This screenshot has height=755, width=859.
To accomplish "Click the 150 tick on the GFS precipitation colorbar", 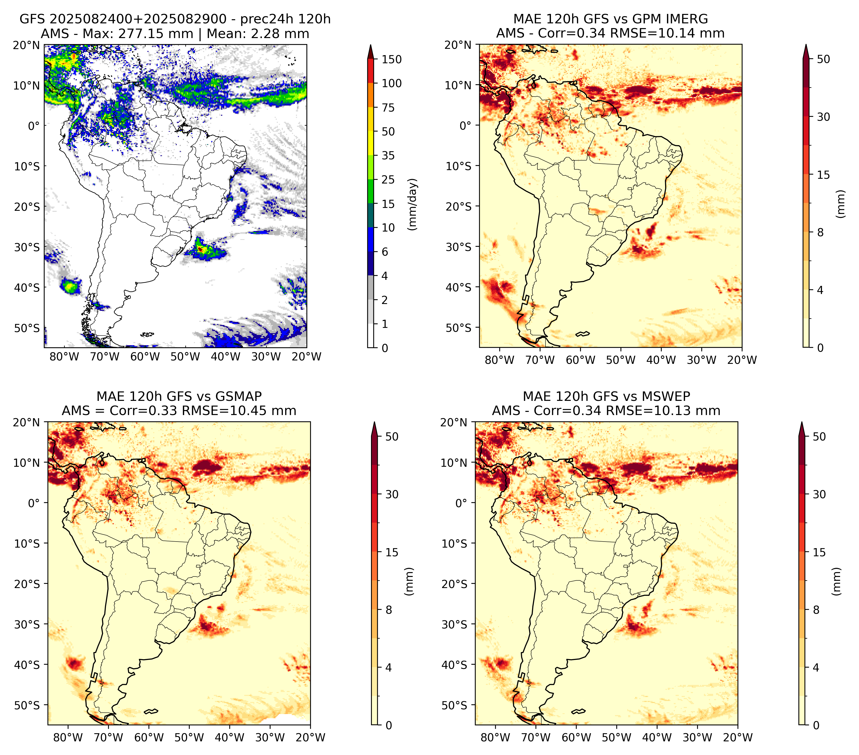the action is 391,59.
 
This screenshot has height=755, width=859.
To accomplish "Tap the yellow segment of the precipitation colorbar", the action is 371,131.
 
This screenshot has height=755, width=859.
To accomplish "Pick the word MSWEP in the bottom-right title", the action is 672,396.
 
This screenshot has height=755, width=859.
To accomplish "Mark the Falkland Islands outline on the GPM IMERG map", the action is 582,334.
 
